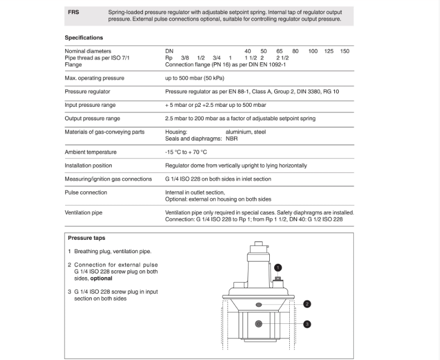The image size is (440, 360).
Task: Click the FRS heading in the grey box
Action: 73,12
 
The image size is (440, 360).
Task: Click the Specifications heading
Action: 84,38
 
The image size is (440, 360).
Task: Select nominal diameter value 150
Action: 345,51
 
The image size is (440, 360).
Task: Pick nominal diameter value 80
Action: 295,51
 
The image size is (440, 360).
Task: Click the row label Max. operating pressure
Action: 95,78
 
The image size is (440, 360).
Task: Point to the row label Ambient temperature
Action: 91,152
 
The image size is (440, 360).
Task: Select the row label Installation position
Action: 88,165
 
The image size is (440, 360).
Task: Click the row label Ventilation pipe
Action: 83,213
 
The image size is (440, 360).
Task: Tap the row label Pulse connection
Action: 86,192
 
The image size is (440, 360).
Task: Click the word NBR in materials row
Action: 232,139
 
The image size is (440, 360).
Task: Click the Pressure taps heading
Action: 87,238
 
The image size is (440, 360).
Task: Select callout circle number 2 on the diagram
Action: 307,304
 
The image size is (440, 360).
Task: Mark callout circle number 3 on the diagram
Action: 307,324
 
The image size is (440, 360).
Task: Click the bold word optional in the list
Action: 101,278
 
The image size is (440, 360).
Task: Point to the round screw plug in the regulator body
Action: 259,324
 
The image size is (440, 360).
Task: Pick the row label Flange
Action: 73,65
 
